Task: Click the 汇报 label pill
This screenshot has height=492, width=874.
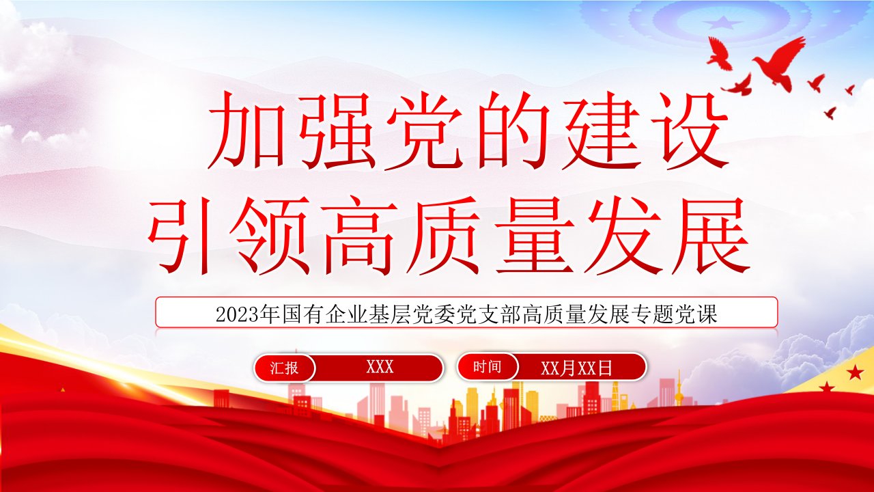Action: [x=284, y=368]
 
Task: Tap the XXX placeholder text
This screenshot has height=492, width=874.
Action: [x=380, y=367]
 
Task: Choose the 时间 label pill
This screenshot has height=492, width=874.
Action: [x=488, y=367]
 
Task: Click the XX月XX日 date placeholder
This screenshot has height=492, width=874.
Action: [x=576, y=368]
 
